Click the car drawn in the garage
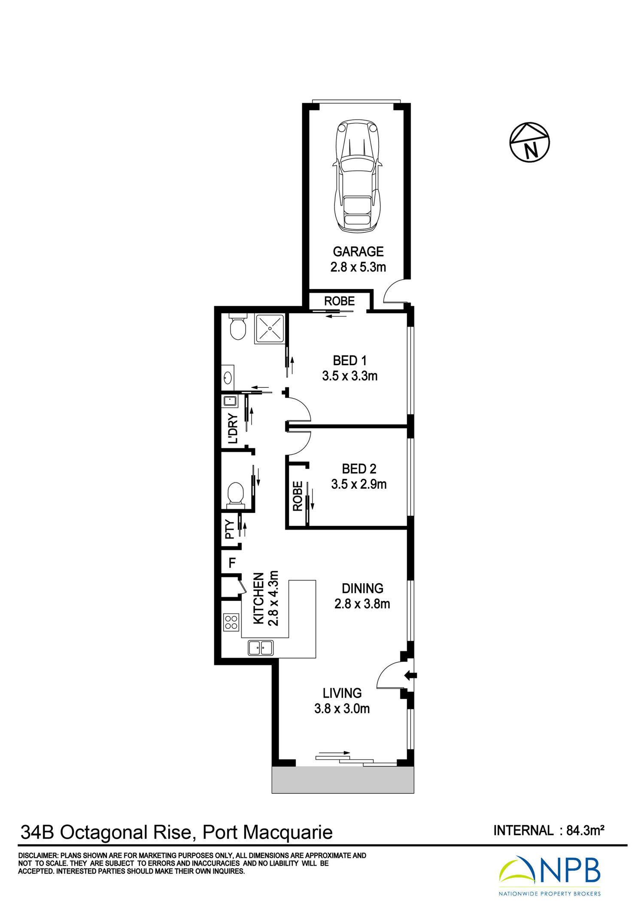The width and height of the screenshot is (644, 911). pyautogui.click(x=358, y=176)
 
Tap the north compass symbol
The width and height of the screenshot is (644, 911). pyautogui.click(x=529, y=142)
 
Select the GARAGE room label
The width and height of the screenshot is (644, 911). pyautogui.click(x=358, y=251)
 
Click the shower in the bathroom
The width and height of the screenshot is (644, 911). pyautogui.click(x=270, y=329)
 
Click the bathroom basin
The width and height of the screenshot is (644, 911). pyautogui.click(x=228, y=378)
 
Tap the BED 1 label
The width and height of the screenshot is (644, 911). pyautogui.click(x=349, y=360)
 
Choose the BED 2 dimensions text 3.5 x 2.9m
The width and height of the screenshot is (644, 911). pyautogui.click(x=359, y=484)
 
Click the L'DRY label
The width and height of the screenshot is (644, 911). pyautogui.click(x=233, y=428)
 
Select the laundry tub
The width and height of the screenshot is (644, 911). pyautogui.click(x=230, y=402)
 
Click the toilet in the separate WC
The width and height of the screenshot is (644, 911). pyautogui.click(x=235, y=494)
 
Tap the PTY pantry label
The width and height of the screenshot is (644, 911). pyautogui.click(x=230, y=530)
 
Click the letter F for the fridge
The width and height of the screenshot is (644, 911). pyautogui.click(x=232, y=562)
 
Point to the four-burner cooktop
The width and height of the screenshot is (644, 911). pyautogui.click(x=231, y=622)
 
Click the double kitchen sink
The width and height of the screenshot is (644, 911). pyautogui.click(x=261, y=648)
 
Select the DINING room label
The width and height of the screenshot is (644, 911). pyautogui.click(x=362, y=588)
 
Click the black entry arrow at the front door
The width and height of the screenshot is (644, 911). pyautogui.click(x=411, y=675)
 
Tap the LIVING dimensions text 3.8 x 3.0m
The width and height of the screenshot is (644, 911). pyautogui.click(x=342, y=708)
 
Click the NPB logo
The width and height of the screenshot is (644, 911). pyautogui.click(x=550, y=874)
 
